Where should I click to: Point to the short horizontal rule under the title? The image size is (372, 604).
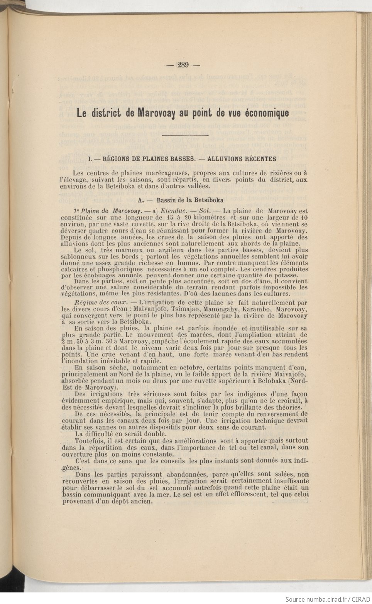(185, 135)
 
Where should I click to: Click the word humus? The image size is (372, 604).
(183, 263)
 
